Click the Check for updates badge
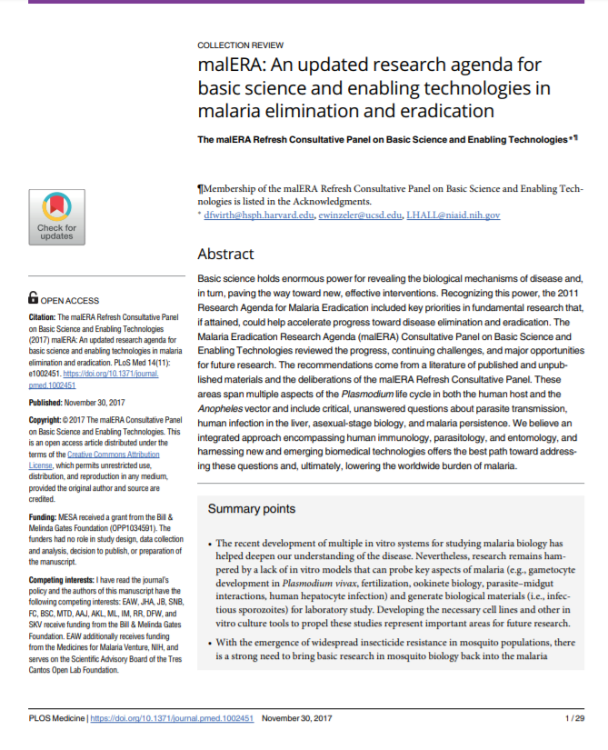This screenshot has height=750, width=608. coord(57,217)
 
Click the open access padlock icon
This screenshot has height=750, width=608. coord(34,297)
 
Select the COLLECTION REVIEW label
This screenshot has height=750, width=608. coord(240,45)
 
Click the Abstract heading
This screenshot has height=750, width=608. coord(225,254)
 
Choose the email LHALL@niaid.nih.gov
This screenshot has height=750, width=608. coord(453,215)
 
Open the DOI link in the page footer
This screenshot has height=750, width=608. coord(172,718)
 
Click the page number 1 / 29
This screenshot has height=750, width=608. coord(574,718)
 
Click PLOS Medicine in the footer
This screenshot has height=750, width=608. coord(55,718)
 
